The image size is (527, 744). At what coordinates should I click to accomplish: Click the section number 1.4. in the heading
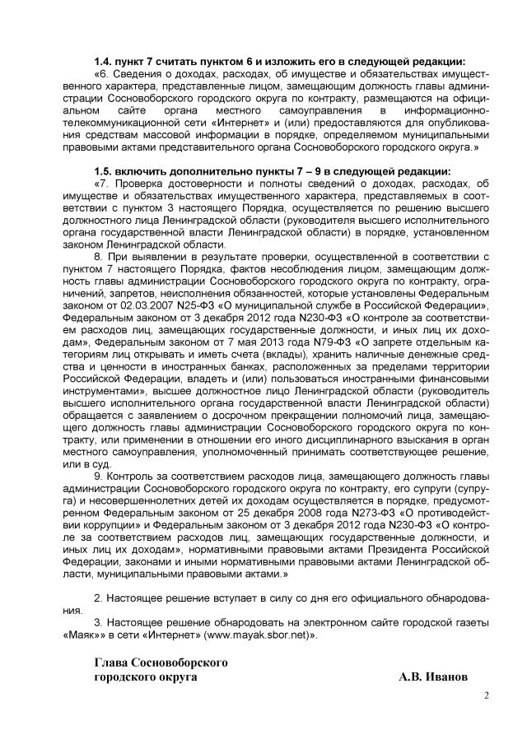pos(104,62)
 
